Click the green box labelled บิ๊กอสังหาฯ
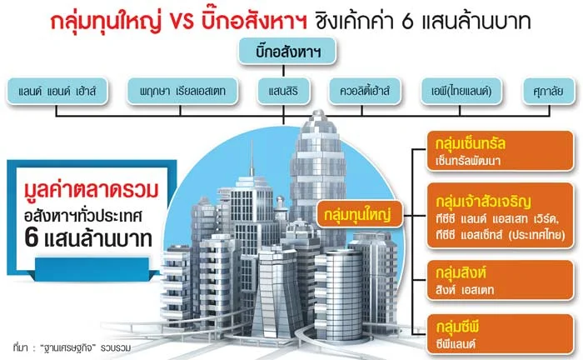point(290,52)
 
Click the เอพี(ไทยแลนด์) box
point(461,89)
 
